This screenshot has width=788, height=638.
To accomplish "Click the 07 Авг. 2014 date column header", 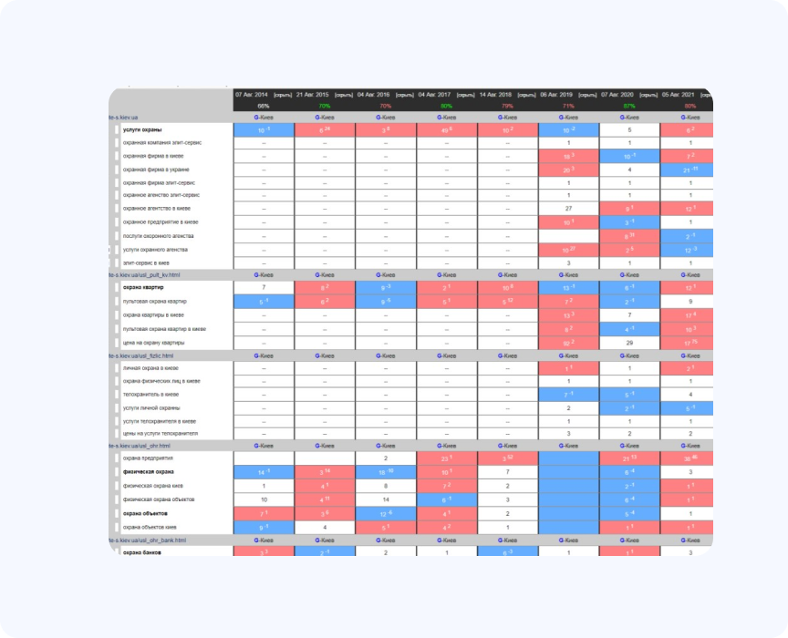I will click(x=252, y=94).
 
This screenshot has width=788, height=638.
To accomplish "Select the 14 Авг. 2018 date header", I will click(x=494, y=94).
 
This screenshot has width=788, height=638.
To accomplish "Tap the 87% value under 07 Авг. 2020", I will click(x=628, y=106).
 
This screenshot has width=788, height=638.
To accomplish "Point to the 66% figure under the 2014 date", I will click(x=264, y=106).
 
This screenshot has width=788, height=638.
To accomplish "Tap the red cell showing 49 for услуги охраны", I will click(x=446, y=129).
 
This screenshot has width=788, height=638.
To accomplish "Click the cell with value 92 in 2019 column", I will click(x=567, y=342).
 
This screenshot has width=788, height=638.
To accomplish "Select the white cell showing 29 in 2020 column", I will click(x=628, y=342).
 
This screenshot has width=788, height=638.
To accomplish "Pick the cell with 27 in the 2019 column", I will click(x=567, y=208).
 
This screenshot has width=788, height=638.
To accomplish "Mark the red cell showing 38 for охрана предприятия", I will click(x=689, y=458).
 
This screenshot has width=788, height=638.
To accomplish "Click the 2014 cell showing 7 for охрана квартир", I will click(x=263, y=288).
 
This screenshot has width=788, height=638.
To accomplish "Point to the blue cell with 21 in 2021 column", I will click(x=689, y=170).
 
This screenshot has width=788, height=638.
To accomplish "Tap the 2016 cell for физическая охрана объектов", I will click(x=386, y=499).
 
